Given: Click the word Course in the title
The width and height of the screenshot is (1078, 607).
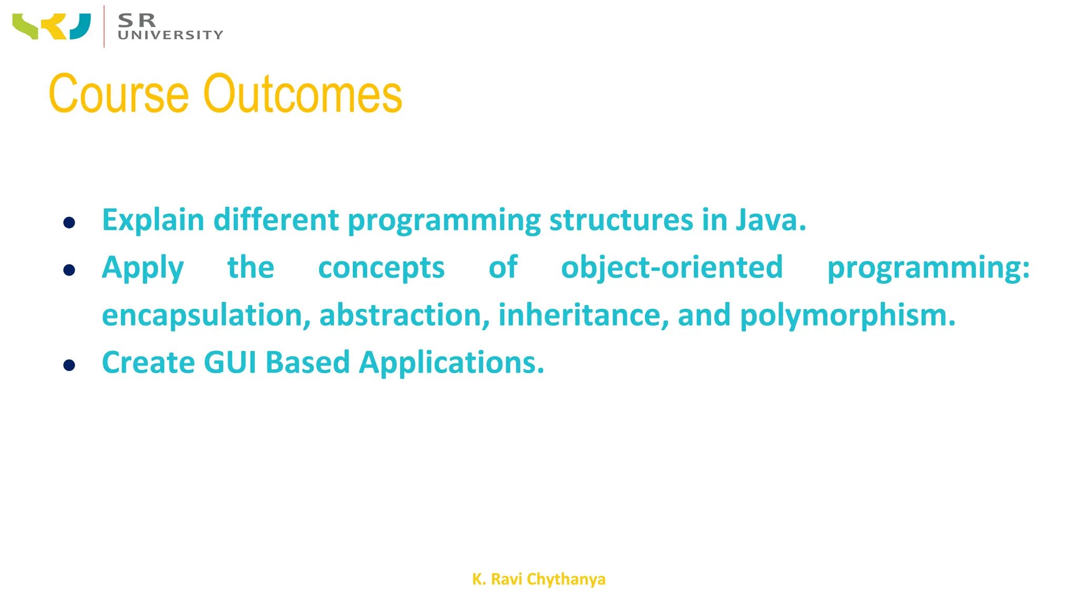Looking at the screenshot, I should point(118,94).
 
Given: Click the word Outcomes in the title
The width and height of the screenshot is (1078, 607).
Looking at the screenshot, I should point(303,94).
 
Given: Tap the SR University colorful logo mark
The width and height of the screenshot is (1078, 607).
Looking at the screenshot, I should point(52,26).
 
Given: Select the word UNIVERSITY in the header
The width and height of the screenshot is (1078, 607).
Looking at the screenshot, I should point(171,35).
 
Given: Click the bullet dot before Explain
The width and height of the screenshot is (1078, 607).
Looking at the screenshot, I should point(69,222).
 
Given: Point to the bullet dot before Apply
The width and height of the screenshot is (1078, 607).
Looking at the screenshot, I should point(69,270).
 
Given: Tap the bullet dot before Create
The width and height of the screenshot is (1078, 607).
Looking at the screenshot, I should point(69,365).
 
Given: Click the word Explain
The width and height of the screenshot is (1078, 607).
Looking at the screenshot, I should point(153,220).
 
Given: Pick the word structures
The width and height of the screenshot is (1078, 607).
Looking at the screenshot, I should point(621,220).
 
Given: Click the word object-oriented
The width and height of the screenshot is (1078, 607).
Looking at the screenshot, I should point(672,268).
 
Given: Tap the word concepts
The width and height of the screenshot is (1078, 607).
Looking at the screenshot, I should point(381,268).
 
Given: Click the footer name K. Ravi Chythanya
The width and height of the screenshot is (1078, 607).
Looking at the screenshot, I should point(538,579).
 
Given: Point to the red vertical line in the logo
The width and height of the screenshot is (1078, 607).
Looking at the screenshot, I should point(104,26).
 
